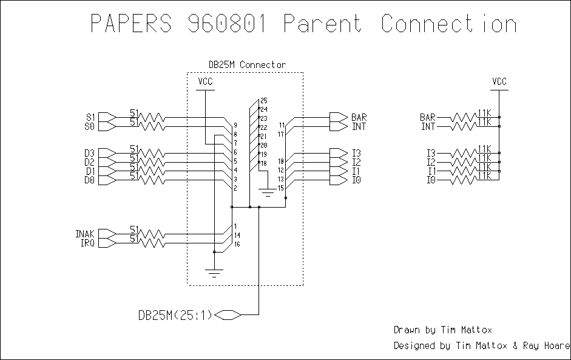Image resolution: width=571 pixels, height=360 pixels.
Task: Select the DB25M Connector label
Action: point(247,64)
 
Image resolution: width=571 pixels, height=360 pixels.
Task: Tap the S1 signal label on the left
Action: point(90,117)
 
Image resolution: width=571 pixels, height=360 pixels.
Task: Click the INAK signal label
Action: point(85,234)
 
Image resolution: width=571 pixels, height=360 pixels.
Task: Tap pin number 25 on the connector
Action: point(263,100)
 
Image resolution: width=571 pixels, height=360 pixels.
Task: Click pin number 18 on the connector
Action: point(263,163)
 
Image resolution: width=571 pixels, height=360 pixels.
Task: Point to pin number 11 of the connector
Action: point(282,125)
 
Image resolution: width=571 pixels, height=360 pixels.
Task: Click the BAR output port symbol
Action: point(337,117)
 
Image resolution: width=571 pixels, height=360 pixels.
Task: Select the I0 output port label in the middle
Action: point(356,180)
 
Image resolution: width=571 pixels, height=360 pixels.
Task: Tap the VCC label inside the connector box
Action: point(206,81)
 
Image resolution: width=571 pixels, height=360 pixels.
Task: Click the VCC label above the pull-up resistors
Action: point(499,81)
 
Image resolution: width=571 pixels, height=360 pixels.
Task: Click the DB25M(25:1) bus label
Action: point(173,315)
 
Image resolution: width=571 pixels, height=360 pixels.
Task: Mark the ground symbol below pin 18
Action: point(265,192)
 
